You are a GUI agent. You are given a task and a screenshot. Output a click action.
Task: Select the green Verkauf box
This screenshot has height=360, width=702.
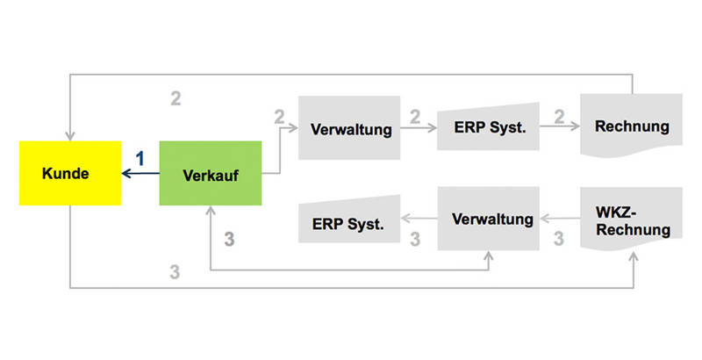coord(211,173)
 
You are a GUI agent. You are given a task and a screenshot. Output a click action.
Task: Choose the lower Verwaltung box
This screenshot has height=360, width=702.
coord(491,217)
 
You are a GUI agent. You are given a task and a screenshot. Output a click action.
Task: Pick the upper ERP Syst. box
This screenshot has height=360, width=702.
coord(488,128)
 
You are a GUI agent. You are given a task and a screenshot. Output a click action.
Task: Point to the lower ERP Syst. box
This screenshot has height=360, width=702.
coord(348,223)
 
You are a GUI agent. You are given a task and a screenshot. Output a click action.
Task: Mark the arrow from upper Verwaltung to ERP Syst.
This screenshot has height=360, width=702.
coord(419,128)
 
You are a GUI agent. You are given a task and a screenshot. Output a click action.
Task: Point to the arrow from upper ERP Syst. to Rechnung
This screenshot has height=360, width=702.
coord(559,127)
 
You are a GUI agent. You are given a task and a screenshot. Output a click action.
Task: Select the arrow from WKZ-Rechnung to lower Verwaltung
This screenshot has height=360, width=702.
coord(559,217)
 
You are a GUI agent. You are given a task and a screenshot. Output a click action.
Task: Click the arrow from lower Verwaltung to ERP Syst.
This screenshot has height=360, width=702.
coord(419,218)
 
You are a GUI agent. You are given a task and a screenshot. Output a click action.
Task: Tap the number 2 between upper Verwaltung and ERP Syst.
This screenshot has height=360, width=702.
coord(416,114)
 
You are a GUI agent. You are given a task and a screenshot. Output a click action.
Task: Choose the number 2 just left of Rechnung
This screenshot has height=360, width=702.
coord(557,114)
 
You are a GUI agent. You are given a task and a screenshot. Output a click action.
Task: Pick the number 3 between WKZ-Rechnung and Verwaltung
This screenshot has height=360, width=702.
coord(557,237)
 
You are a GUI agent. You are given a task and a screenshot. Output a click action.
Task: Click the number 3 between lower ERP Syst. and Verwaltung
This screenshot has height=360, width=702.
coord(416,237)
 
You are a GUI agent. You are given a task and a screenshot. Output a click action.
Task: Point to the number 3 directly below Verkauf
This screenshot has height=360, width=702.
coord(230,239)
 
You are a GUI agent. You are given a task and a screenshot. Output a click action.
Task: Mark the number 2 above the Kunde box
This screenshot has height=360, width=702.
coord(175,97)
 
